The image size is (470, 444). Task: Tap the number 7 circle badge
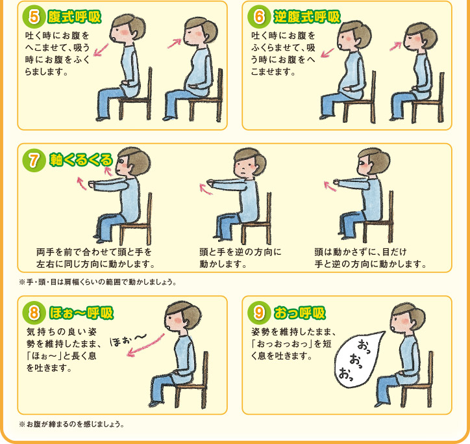point(33,160)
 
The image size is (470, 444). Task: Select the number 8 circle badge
point(33,313)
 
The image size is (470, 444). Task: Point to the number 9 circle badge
point(259,313)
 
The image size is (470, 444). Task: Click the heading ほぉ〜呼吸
point(81,313)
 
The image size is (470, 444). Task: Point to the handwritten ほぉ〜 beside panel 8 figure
point(129,339)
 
